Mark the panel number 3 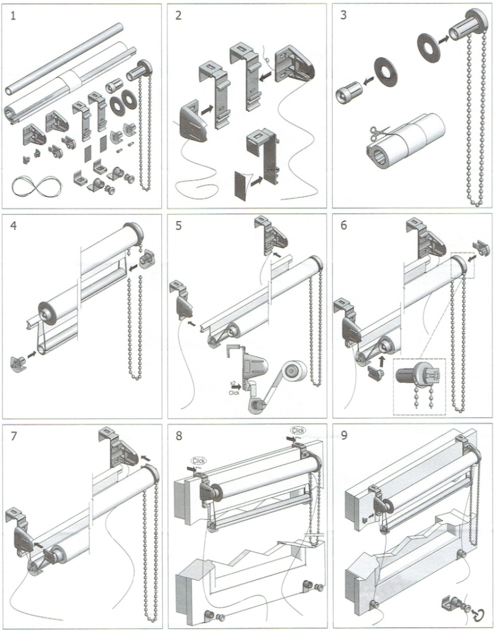[x=343, y=15]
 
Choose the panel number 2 [x=178, y=15]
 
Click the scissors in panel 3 [x=376, y=132]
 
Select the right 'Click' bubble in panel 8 [x=298, y=430]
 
